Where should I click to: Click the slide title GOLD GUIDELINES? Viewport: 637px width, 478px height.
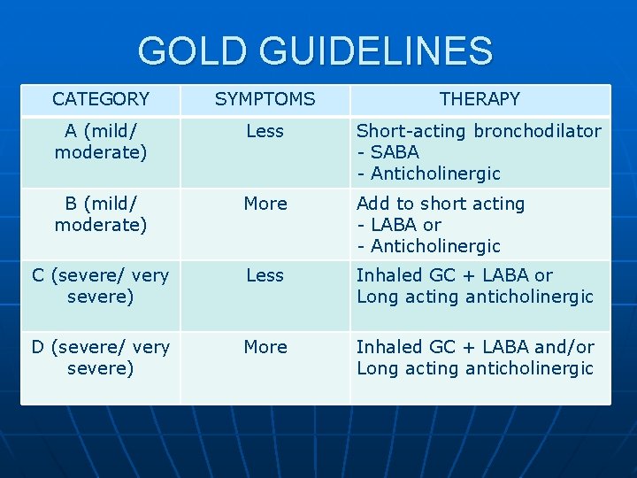(315, 50)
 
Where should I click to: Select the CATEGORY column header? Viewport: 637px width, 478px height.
(100, 99)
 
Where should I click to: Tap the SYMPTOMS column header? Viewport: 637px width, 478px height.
(265, 99)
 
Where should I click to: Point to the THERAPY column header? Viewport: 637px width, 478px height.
(480, 99)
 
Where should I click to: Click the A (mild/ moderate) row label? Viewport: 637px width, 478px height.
(100, 142)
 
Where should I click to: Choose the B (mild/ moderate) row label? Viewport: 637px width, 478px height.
(100, 214)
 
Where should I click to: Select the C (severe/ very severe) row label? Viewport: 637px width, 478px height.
(100, 286)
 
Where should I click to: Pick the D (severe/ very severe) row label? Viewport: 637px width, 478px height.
(100, 358)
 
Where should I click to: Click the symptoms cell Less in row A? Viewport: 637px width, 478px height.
(265, 131)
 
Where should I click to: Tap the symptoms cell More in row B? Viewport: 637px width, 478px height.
(265, 204)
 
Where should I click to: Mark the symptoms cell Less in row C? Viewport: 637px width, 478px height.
(265, 275)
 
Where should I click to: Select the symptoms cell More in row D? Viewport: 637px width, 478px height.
(265, 347)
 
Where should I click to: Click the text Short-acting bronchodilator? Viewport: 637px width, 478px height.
(478, 131)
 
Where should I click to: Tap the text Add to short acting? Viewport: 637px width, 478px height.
(441, 204)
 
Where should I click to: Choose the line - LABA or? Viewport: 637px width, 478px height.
(398, 225)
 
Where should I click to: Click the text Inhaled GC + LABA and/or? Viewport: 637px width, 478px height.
(475, 347)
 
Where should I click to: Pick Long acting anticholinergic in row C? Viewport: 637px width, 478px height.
(474, 297)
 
